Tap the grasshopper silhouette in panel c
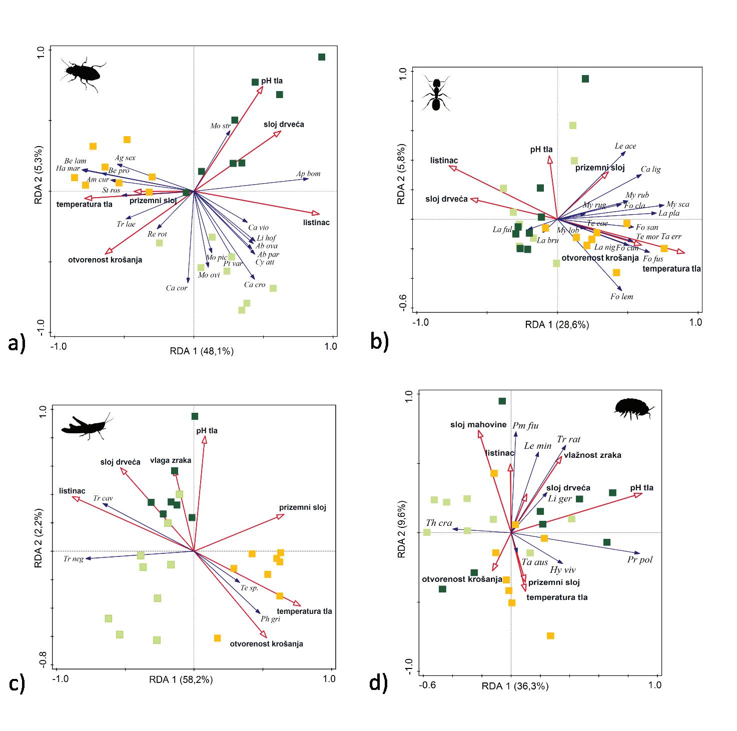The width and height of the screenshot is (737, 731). tap(84, 426)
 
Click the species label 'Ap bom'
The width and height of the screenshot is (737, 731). tap(308, 174)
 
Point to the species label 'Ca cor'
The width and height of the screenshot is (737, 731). tap(177, 288)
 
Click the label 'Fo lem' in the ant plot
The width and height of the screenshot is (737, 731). tap(621, 297)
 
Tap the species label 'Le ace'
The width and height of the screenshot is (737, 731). tap(625, 146)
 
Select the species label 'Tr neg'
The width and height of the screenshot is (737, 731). tap(74, 559)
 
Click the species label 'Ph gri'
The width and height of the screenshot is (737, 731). tap(270, 619)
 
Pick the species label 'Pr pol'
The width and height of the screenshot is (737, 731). tap(640, 559)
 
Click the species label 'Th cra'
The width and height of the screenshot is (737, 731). tap(438, 523)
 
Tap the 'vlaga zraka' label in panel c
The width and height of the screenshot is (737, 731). tap(171, 460)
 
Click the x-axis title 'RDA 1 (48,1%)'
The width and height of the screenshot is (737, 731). tap(202, 351)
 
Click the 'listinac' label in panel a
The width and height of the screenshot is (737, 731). tap(316, 223)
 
